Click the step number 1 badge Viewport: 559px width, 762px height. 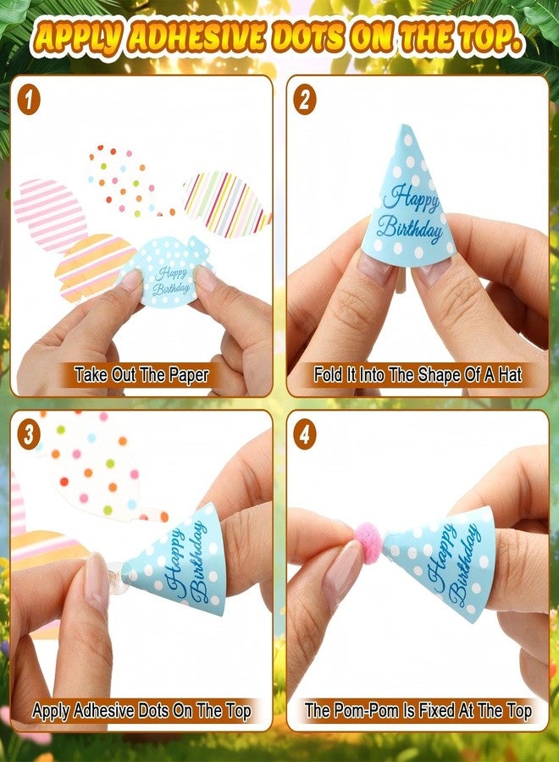(29, 101)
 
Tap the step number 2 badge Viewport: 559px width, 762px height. (305, 101)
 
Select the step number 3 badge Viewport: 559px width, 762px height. (29, 434)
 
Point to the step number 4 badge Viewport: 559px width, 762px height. (305, 434)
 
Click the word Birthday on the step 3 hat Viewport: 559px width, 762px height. (200, 561)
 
